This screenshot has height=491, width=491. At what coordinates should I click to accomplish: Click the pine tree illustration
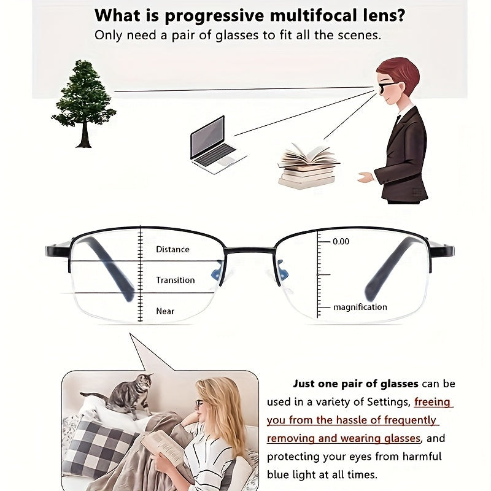pos(84,103)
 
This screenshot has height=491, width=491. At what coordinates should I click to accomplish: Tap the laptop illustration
pos(216,145)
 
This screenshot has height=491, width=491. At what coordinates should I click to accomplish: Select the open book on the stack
pos(309,157)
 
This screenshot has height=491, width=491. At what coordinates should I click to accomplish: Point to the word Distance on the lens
pos(172,250)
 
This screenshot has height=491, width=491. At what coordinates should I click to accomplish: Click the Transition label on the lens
pos(176,280)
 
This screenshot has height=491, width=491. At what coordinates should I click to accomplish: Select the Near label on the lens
pos(165,311)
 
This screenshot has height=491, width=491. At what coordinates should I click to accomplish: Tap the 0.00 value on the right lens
pos(341,241)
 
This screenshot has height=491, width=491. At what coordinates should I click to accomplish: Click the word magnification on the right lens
pos(360,307)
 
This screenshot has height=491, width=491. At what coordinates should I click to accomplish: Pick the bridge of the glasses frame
pos(250,250)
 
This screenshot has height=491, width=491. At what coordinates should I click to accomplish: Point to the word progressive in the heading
pos(214,17)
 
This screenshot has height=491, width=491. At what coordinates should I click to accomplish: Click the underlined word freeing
pos(432,402)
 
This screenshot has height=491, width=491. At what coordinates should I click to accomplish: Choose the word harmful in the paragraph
pos(422,456)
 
